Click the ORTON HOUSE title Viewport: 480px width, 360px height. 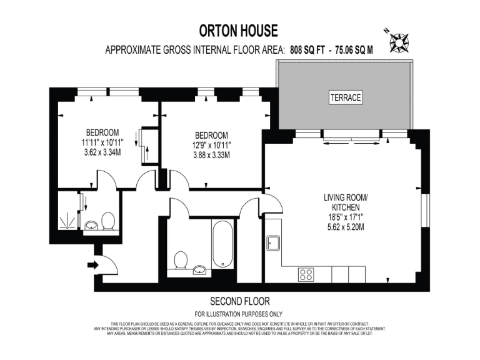(238, 31)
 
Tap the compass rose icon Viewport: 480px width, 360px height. (397, 41)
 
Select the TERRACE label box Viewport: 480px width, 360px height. (345, 97)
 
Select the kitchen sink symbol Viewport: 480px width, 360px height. (273, 242)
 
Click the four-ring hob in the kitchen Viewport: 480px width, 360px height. (306, 274)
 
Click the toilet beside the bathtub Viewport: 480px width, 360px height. (182, 261)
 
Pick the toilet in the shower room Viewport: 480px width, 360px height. (107, 221)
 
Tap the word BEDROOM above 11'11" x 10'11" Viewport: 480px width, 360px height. (102, 132)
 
